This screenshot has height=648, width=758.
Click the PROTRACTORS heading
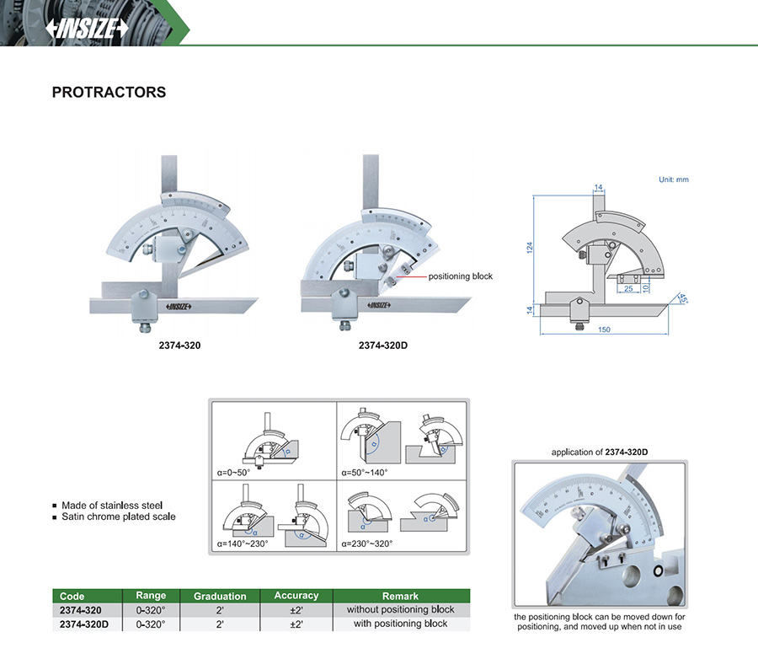[x=109, y=93]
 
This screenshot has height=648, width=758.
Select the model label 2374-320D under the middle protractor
[x=383, y=345]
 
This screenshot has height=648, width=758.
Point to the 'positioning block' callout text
[x=461, y=276]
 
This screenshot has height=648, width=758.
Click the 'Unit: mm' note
[x=674, y=179]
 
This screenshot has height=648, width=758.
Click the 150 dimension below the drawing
[x=604, y=329]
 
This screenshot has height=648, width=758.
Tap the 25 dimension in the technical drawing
[x=627, y=289]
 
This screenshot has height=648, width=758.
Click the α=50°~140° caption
[x=366, y=473]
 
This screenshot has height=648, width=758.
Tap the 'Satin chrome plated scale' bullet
[x=119, y=517]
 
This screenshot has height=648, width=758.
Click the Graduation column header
[x=220, y=596]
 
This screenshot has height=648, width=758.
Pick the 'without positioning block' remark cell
[x=400, y=609]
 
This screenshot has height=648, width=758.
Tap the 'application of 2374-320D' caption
[x=599, y=453]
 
